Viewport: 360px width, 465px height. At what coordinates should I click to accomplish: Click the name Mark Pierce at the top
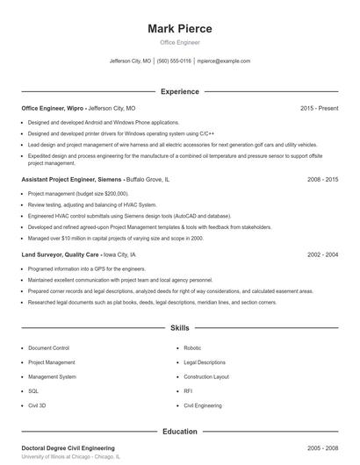[x=180, y=28]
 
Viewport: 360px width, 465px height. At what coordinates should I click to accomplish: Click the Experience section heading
[x=180, y=91]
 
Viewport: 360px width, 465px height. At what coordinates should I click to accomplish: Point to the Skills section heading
[x=180, y=328]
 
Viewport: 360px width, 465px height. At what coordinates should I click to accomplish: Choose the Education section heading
[x=180, y=432]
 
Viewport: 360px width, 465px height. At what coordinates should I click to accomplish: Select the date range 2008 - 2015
[x=322, y=179]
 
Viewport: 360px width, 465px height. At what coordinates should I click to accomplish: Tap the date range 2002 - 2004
[x=322, y=254]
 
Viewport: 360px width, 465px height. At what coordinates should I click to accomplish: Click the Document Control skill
[x=48, y=347]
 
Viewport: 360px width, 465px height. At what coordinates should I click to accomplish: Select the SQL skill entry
[x=33, y=391]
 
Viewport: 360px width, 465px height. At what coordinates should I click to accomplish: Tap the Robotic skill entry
[x=192, y=347]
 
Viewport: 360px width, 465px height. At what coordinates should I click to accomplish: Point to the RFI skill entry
[x=188, y=391]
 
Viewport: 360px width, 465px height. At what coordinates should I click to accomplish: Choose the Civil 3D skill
[x=37, y=406]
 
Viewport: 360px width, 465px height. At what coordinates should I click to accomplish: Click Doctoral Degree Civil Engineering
[x=68, y=447]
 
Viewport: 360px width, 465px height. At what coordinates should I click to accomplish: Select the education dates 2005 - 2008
[x=322, y=447]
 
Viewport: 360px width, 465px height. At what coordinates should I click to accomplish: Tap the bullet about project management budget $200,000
[x=78, y=193]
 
